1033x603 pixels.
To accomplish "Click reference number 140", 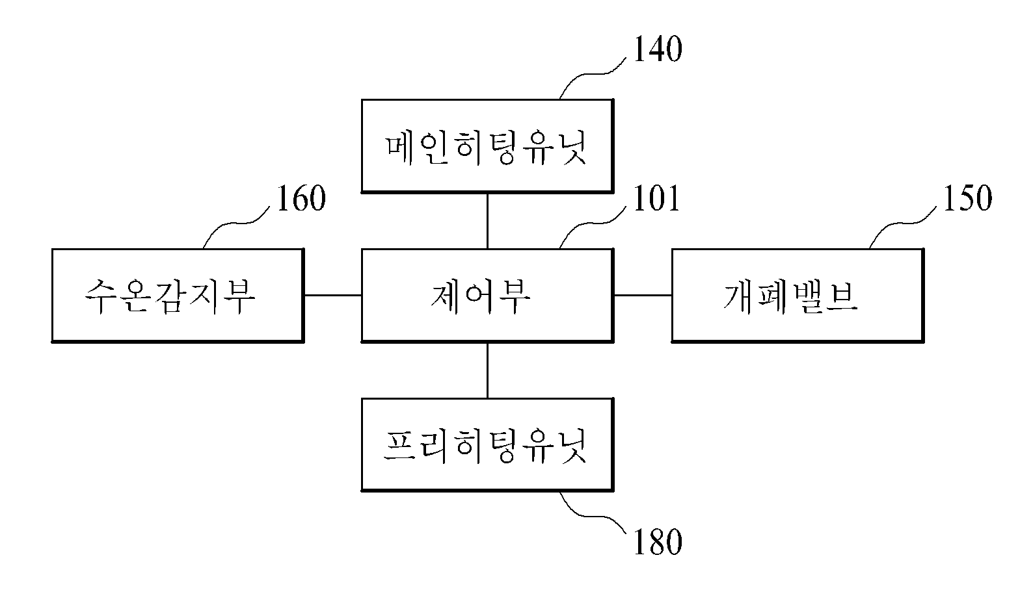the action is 658,49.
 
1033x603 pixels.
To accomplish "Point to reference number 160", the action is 301,199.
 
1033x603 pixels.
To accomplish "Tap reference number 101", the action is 657,199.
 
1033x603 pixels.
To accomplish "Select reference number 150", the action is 967,199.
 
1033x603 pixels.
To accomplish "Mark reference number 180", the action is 658,542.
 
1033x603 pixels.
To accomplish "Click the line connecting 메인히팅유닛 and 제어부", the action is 487,221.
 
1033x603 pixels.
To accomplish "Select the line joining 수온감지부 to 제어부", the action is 333,295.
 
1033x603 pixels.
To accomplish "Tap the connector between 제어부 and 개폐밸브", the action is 643,295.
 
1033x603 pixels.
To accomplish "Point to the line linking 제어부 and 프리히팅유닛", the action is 487,370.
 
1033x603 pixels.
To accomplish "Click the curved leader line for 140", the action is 593,73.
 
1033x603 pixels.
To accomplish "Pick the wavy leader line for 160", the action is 236,224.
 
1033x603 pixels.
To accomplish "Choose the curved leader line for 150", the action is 903,224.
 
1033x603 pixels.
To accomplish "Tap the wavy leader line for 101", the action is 593,224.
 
